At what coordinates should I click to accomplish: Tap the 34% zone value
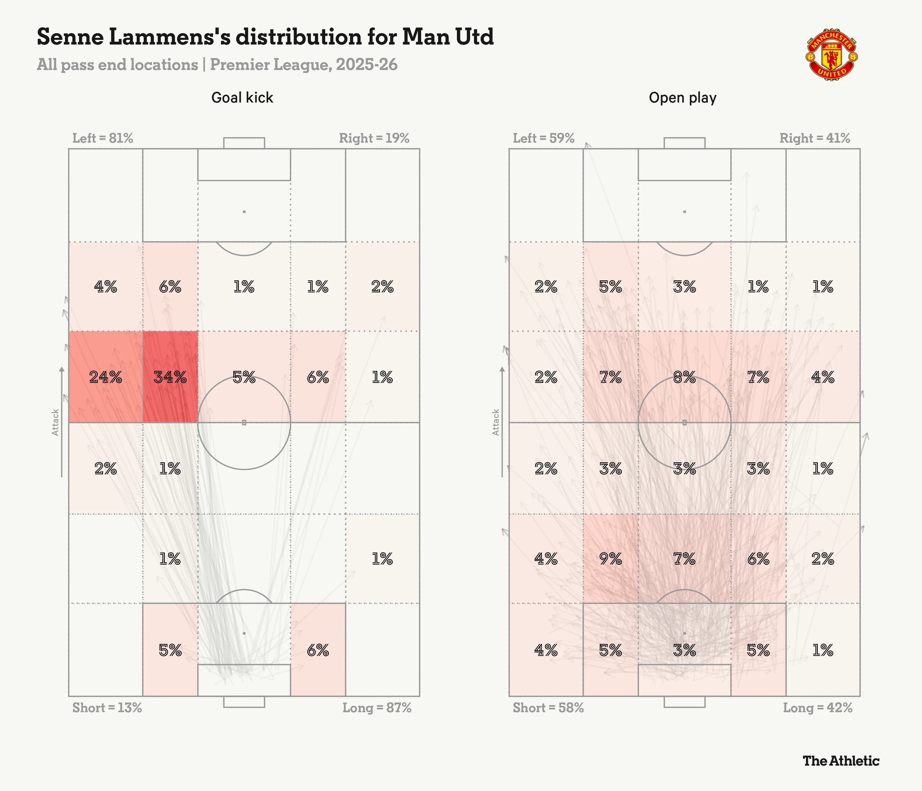click(170, 377)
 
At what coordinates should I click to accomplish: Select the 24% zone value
click(105, 377)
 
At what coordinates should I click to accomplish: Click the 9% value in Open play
click(610, 558)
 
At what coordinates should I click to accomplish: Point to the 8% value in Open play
click(684, 377)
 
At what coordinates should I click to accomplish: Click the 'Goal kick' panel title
click(242, 98)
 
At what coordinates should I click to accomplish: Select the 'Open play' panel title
click(682, 98)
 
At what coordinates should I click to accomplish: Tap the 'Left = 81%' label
click(103, 138)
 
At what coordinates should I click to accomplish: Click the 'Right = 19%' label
click(374, 138)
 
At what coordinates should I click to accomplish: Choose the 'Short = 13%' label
click(107, 708)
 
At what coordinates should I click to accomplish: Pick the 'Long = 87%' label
click(376, 708)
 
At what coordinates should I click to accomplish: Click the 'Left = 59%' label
click(543, 138)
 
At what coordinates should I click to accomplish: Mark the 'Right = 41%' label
click(814, 138)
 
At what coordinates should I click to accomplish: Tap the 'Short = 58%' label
click(548, 708)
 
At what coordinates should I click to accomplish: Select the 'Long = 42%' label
click(818, 708)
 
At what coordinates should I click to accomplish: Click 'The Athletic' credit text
click(841, 761)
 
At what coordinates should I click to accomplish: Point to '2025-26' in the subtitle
click(366, 64)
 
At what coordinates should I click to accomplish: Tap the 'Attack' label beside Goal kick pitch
click(55, 422)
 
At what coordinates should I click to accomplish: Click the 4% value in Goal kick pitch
click(105, 287)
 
